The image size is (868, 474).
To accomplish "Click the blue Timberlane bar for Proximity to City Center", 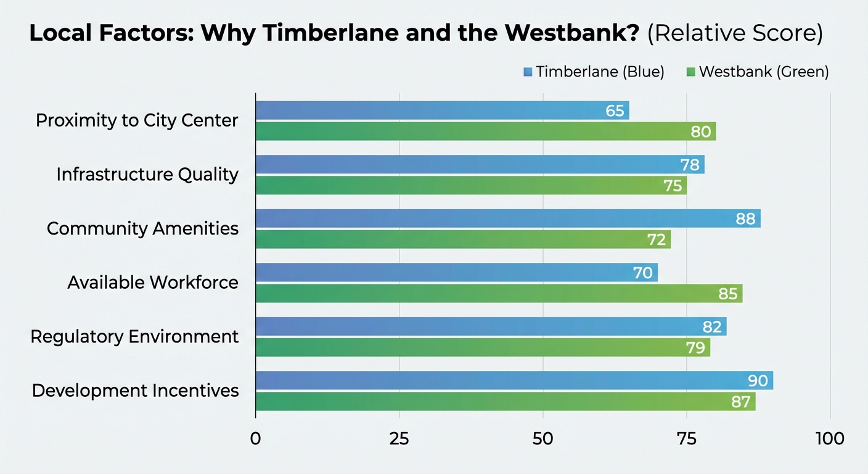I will click(x=432, y=110).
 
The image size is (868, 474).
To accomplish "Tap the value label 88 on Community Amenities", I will click(x=745, y=218).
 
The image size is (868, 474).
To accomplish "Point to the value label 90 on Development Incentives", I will click(x=758, y=381).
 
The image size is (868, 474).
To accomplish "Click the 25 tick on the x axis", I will click(x=399, y=439).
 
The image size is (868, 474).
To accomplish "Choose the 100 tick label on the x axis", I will click(x=830, y=439).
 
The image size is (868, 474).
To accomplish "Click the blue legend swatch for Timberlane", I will click(x=528, y=72).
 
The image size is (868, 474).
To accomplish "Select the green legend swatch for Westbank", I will click(x=690, y=72).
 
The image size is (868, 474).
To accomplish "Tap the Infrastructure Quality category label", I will click(x=147, y=175).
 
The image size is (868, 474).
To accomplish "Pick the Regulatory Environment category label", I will click(x=134, y=336).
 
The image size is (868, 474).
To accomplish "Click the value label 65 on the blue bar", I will click(x=615, y=111).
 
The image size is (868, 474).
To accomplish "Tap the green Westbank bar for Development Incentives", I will click(x=493, y=402).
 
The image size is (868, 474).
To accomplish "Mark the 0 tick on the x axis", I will click(x=255, y=439).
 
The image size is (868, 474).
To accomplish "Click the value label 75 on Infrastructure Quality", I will click(x=673, y=186).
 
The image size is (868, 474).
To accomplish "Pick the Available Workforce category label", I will click(x=152, y=283).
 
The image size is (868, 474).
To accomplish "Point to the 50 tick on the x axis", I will click(x=543, y=439).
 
